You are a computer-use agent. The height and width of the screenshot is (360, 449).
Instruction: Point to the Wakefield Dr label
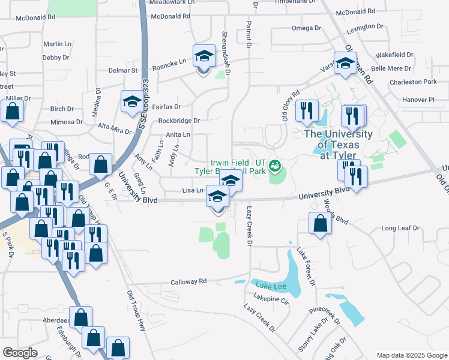394,55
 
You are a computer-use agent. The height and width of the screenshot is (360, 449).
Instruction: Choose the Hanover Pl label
418,100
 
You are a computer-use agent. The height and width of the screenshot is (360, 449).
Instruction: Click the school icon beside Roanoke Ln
204,57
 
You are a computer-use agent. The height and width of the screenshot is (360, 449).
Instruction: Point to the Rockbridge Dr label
179,121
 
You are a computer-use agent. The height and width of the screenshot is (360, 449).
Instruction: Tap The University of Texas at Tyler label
338,145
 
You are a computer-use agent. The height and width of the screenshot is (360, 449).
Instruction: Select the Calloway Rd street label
188,281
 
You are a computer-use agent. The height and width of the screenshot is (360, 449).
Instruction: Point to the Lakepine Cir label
271,297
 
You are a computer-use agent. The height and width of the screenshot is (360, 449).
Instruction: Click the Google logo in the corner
20,353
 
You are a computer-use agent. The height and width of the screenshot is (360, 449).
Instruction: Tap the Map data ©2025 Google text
411,355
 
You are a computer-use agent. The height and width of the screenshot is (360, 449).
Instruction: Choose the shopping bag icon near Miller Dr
12,111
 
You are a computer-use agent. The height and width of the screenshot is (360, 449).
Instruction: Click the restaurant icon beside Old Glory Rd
307,110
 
